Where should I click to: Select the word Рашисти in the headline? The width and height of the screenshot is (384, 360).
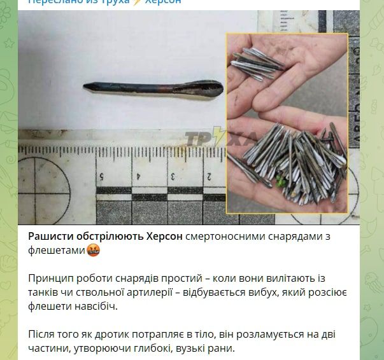pos(52,237)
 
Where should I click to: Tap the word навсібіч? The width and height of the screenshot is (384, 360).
pos(97,307)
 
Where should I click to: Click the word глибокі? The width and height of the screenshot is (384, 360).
pos(168,349)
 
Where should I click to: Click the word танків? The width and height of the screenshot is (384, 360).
pos(45,293)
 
